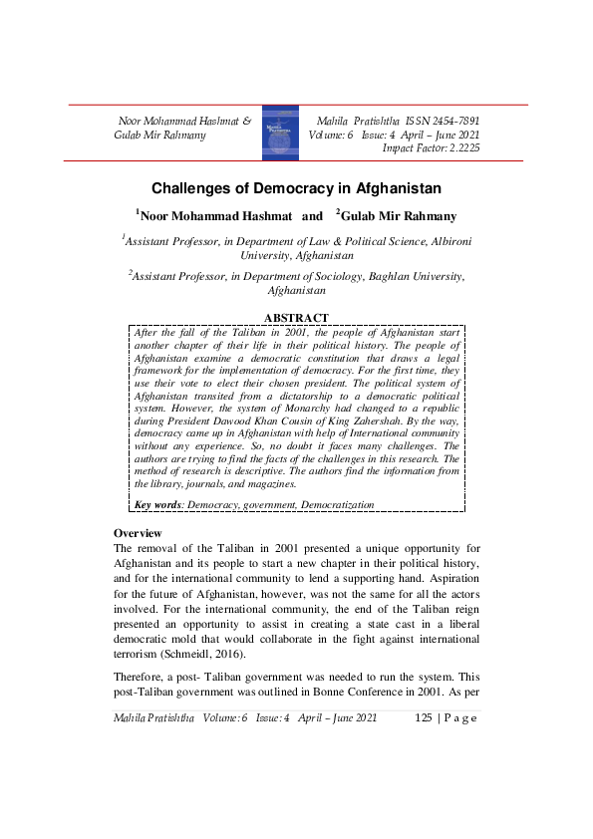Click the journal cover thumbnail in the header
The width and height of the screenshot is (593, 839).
[x=280, y=134]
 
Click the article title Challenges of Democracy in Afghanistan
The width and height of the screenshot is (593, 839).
[x=296, y=187]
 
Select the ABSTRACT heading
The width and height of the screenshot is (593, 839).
[x=296, y=318]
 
